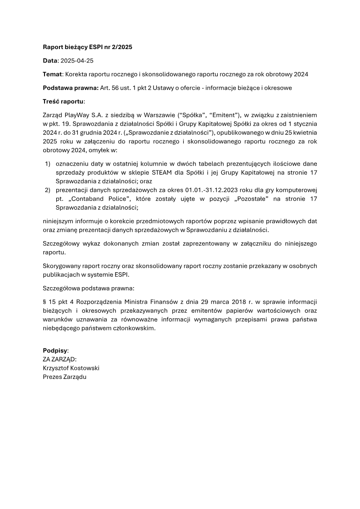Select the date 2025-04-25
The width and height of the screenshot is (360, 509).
[76, 60]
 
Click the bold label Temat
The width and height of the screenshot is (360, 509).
[52, 74]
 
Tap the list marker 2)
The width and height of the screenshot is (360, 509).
[47, 190]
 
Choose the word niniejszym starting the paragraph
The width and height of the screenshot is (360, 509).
[59, 221]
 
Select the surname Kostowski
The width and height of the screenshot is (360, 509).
[85, 368]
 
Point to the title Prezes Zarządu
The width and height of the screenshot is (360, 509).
[64, 377]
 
